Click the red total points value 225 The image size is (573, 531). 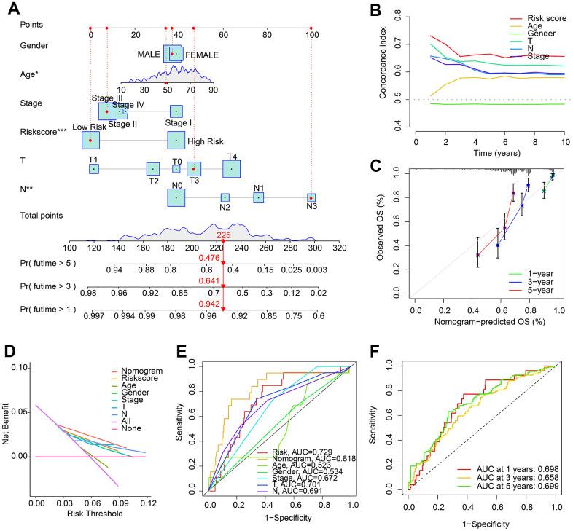click(x=223, y=235)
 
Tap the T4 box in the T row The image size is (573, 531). click(x=232, y=168)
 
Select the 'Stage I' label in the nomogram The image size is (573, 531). click(x=175, y=123)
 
